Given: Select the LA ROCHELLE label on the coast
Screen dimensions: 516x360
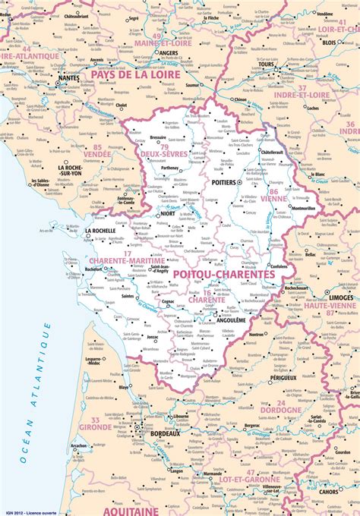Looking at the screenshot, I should pyautogui.click(x=100, y=230).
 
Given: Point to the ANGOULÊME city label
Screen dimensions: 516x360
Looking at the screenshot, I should pyautogui.click(x=231, y=319).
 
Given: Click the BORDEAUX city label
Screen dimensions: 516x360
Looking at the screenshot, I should pyautogui.click(x=165, y=433).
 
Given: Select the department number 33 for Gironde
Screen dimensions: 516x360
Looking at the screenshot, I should pyautogui.click(x=96, y=420).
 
